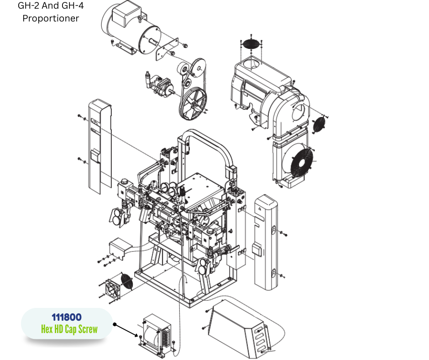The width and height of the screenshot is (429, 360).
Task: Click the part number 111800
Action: pyautogui.click(x=67, y=317)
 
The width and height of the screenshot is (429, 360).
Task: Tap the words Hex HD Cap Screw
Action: pyautogui.click(x=69, y=329)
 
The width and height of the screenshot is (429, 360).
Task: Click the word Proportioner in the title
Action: pyautogui.click(x=51, y=18)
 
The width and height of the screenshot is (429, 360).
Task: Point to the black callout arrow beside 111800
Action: pyautogui.click(x=126, y=330)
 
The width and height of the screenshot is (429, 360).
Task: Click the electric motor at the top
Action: pyautogui.click(x=131, y=29)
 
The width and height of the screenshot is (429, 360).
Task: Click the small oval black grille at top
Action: pyautogui.click(x=251, y=44)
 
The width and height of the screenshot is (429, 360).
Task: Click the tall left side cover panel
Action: pyautogui.click(x=100, y=146)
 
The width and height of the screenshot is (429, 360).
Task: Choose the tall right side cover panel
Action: pyautogui.click(x=266, y=242)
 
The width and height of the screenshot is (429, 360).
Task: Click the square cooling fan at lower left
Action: pyautogui.click(x=112, y=289)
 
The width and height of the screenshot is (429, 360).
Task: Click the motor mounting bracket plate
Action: pyautogui.click(x=167, y=50)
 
